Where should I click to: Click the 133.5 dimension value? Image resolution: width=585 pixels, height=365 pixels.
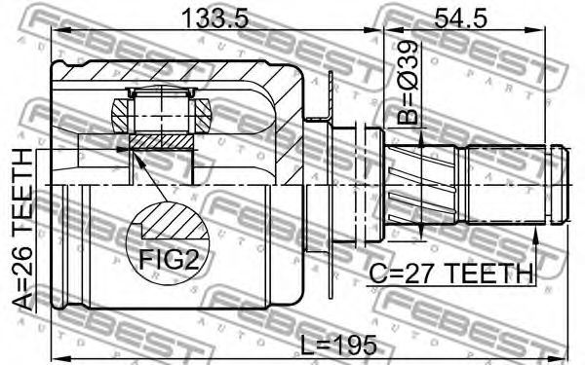(214, 18)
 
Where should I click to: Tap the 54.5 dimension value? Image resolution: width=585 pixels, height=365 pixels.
(461, 18)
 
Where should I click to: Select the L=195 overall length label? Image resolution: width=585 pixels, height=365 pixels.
(338, 345)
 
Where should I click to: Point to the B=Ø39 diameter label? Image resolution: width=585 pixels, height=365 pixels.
(409, 82)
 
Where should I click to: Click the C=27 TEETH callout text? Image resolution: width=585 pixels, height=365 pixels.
(451, 274)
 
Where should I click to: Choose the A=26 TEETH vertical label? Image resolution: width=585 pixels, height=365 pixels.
(22, 229)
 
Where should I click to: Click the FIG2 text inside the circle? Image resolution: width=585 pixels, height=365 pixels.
(168, 259)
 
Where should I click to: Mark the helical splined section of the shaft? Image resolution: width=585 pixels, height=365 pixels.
(420, 185)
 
